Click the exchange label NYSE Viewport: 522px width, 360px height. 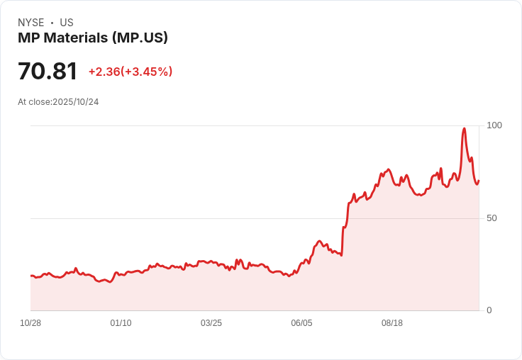31,23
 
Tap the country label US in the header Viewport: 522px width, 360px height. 67,23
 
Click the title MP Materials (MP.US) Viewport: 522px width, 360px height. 93,38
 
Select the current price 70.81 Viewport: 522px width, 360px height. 48,72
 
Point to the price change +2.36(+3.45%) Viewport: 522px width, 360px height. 130,72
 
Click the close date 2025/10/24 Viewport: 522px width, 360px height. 76,102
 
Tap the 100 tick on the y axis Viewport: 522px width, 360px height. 494,125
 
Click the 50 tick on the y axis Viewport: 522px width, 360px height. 492,218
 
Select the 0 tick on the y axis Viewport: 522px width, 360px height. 489,310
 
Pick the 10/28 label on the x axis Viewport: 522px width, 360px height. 30,323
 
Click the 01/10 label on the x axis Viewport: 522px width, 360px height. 121,323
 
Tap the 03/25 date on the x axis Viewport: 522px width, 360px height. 211,323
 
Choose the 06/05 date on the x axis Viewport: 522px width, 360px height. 301,323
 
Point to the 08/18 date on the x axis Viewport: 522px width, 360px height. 392,323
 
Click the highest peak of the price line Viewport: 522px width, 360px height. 464,129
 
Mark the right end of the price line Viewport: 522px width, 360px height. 479,181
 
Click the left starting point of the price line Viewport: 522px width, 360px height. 31,276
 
